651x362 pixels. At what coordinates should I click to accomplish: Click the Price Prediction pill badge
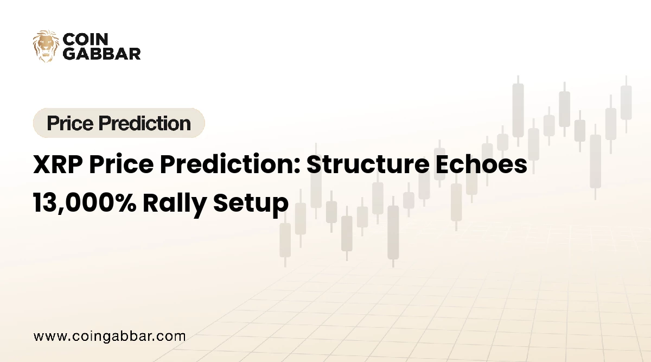(119, 123)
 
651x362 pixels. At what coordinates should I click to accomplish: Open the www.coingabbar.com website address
(110, 336)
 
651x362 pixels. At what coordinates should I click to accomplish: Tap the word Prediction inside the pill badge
(150, 123)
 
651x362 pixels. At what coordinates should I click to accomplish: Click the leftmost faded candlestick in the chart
(285, 239)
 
